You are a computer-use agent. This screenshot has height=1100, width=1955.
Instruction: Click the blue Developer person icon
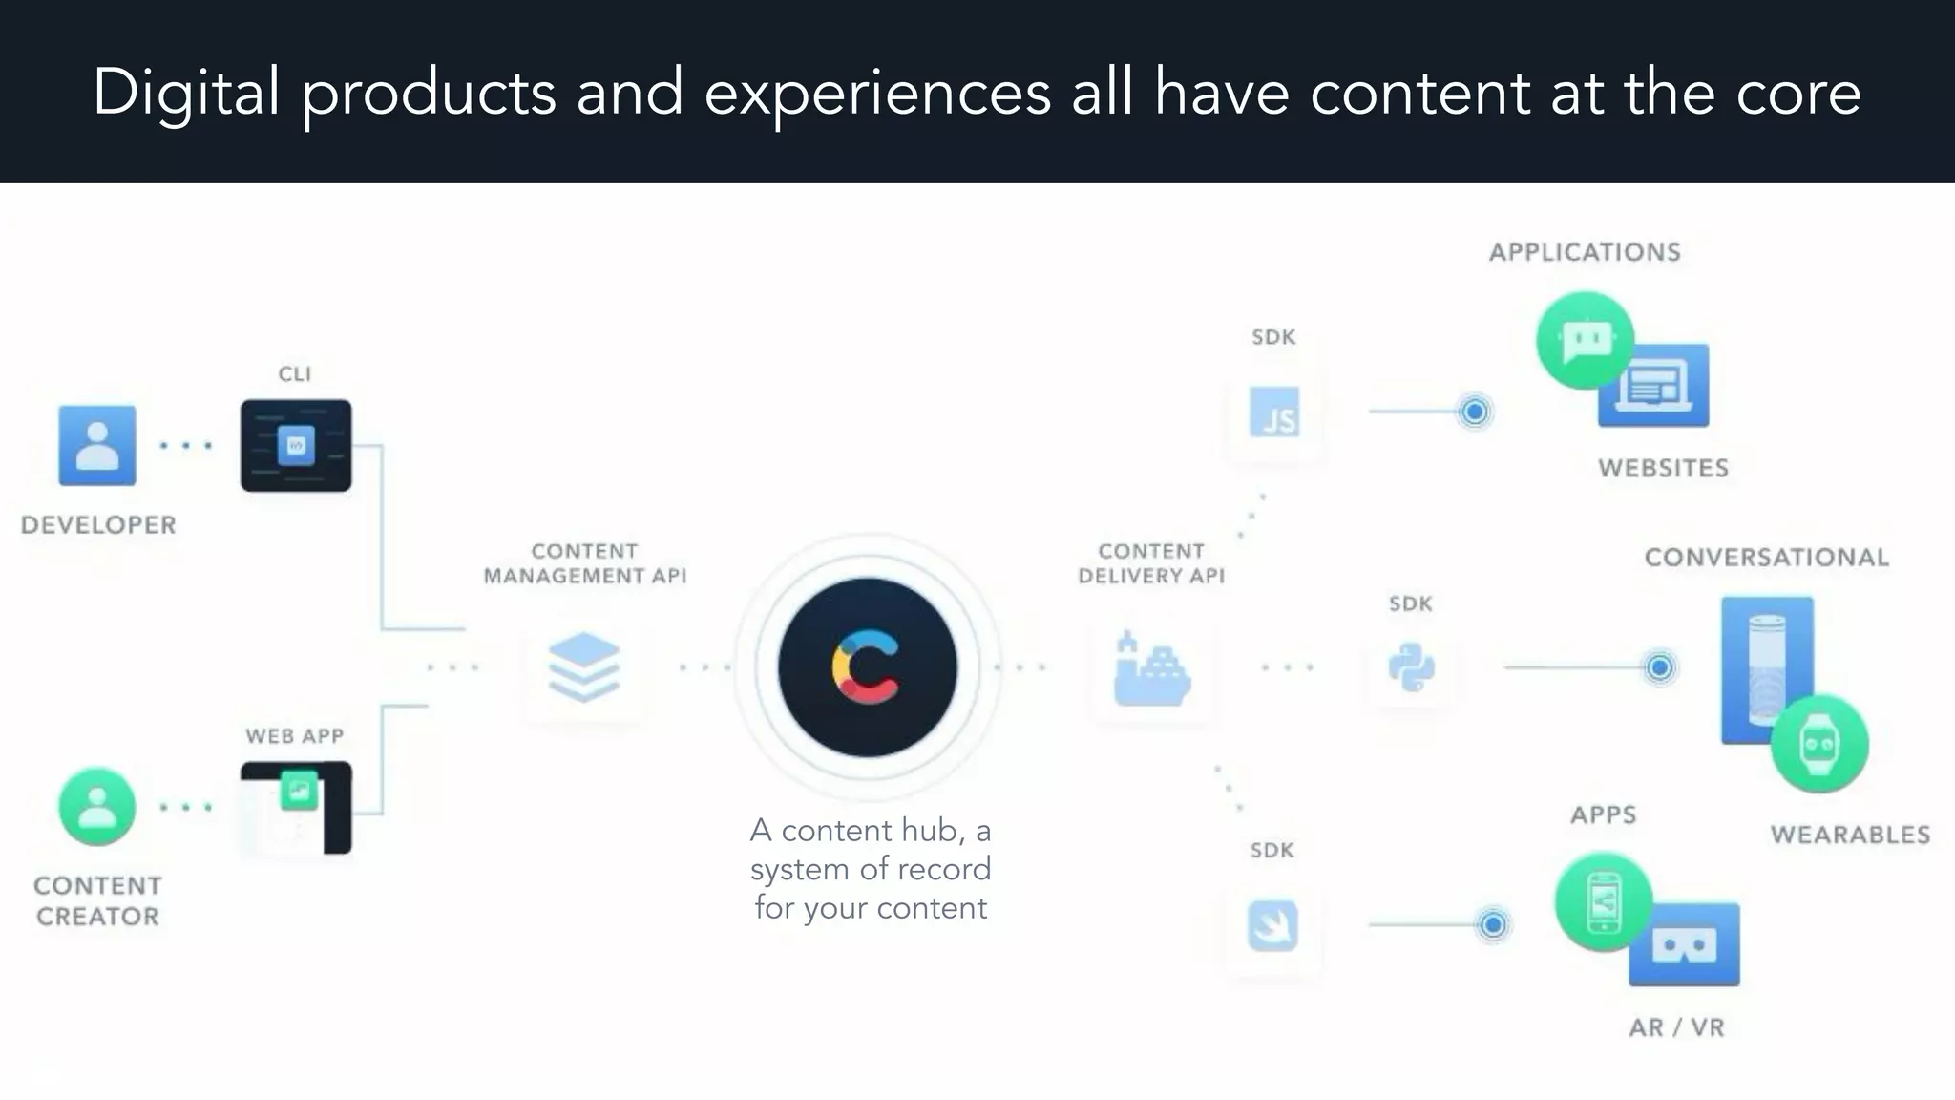click(x=96, y=445)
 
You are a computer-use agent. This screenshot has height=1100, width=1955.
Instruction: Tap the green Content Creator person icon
click(x=96, y=807)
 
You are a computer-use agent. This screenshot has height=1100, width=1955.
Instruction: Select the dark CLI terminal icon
click(x=296, y=445)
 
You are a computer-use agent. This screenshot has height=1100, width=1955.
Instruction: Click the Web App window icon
click(x=296, y=808)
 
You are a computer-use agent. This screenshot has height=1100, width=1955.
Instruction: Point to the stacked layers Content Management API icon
click(x=584, y=666)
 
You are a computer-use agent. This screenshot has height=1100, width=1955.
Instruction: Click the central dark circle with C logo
click(x=867, y=667)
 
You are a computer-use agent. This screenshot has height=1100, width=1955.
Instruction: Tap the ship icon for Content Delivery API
click(x=1151, y=670)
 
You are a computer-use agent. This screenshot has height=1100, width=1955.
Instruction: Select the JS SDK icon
click(x=1274, y=412)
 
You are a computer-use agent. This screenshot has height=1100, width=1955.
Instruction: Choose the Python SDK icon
click(x=1411, y=666)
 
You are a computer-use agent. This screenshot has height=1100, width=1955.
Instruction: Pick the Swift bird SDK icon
click(x=1272, y=925)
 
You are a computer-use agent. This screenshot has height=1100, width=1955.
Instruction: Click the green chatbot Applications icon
click(x=1585, y=339)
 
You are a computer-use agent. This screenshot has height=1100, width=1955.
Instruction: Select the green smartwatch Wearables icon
click(x=1819, y=744)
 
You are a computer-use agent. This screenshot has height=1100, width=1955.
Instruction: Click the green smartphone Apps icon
click(x=1604, y=900)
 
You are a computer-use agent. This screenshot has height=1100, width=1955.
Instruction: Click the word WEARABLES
click(x=1850, y=835)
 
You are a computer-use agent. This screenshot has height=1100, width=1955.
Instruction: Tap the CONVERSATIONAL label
click(x=1766, y=558)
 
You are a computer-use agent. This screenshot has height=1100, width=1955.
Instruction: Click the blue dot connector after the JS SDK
click(x=1475, y=412)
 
